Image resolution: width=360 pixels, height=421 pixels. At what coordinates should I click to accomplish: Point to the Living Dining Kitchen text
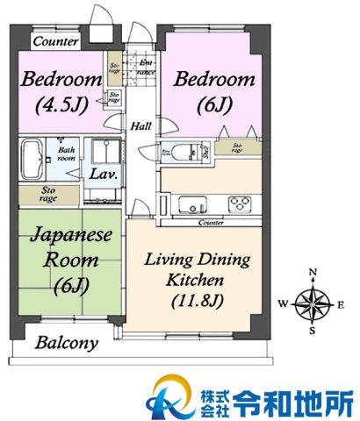pos(198,282)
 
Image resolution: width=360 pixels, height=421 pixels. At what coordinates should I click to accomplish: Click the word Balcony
pos(66,343)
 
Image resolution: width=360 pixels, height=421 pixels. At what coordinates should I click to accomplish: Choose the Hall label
pos(140,126)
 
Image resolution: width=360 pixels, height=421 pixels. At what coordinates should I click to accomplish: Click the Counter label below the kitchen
pos(211,224)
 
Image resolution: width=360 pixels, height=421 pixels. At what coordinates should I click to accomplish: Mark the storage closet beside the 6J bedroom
pos(235,147)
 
